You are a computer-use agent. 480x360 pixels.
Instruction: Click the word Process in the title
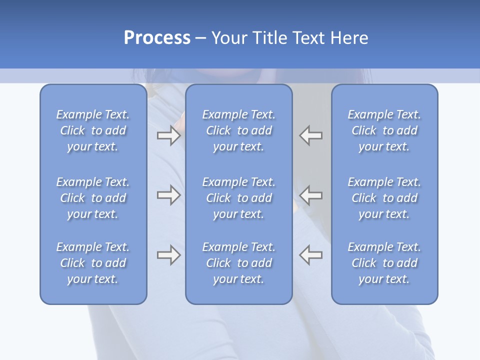(x=157, y=37)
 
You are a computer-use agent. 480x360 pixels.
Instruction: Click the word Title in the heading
(x=269, y=37)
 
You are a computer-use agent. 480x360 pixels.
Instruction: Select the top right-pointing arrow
(x=168, y=135)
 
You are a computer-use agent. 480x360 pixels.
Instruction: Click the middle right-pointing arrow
(x=168, y=195)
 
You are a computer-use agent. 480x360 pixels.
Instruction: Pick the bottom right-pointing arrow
(x=168, y=255)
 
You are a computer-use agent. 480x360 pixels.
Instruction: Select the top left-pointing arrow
(x=311, y=135)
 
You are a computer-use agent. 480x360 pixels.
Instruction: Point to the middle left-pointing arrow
(x=311, y=195)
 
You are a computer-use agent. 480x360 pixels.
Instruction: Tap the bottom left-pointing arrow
(x=311, y=255)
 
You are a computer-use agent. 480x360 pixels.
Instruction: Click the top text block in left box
(x=93, y=130)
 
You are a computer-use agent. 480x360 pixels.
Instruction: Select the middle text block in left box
(x=93, y=198)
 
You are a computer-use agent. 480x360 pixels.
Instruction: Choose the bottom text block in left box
(x=93, y=263)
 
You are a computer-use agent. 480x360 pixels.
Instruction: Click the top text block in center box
(x=239, y=130)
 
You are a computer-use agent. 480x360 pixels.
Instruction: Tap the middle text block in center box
(x=239, y=198)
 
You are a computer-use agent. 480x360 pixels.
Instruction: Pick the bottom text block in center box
(x=239, y=263)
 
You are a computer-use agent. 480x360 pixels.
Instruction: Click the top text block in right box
(x=384, y=130)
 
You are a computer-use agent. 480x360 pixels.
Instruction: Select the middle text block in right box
(x=384, y=198)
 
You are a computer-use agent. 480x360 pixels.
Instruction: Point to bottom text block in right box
(x=384, y=263)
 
